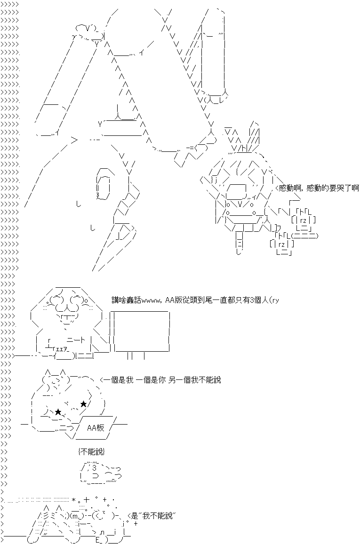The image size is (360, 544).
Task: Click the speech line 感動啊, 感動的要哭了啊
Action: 319,188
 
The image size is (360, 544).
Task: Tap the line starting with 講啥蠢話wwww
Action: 195,300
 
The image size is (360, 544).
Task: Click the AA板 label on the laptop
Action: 96,428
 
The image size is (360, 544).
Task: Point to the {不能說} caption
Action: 92,452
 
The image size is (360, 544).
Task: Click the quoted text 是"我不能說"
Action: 152,516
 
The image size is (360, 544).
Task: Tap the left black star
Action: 58,412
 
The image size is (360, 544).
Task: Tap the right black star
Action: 83,404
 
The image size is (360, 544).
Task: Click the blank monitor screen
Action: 142,331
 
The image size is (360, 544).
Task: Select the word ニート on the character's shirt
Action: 76,340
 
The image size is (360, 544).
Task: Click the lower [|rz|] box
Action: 281,244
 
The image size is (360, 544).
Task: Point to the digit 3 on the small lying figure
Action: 94,468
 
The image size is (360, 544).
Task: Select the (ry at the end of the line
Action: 273,300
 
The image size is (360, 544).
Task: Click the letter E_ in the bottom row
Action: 99,541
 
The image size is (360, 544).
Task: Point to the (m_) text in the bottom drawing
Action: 76,516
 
